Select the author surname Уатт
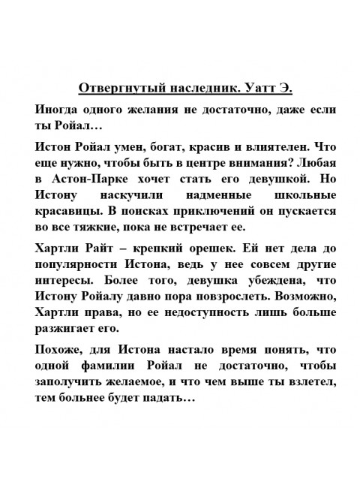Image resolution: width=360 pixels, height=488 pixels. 260,87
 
